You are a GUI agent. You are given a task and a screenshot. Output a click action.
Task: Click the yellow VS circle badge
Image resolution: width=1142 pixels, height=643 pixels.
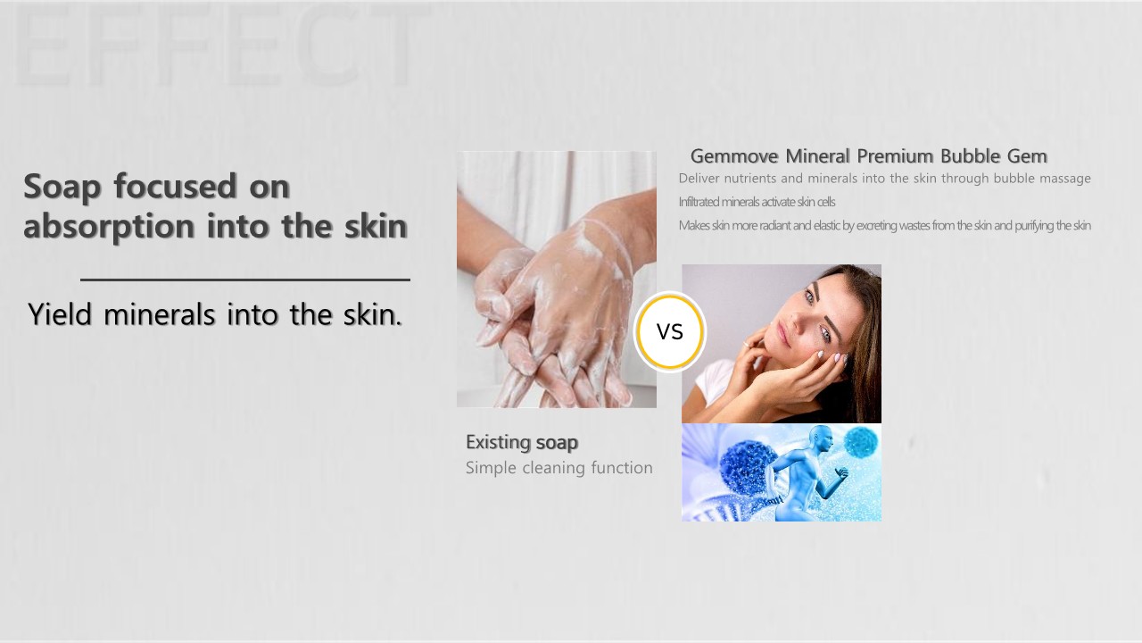coord(669,331)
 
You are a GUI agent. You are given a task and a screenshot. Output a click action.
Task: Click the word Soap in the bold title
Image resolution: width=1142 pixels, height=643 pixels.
coord(62,188)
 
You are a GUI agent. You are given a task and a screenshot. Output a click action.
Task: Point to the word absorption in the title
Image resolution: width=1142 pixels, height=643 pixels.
coord(109,227)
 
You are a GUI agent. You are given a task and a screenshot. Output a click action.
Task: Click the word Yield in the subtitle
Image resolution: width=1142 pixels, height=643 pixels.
coord(60,314)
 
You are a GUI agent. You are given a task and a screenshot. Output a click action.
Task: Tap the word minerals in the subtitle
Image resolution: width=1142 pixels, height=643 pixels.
coord(159,314)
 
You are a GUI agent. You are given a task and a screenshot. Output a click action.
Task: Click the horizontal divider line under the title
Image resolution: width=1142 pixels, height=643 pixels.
coord(245,280)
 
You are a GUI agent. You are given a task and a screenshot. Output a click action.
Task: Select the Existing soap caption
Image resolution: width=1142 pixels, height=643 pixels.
coord(522,442)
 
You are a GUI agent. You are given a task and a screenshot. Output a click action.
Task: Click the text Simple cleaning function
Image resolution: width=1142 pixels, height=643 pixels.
coord(559,467)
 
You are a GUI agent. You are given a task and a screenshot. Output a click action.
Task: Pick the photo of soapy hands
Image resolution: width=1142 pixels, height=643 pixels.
coord(556,280)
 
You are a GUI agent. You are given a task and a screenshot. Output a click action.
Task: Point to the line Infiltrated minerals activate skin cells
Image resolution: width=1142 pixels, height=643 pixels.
coord(757,202)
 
